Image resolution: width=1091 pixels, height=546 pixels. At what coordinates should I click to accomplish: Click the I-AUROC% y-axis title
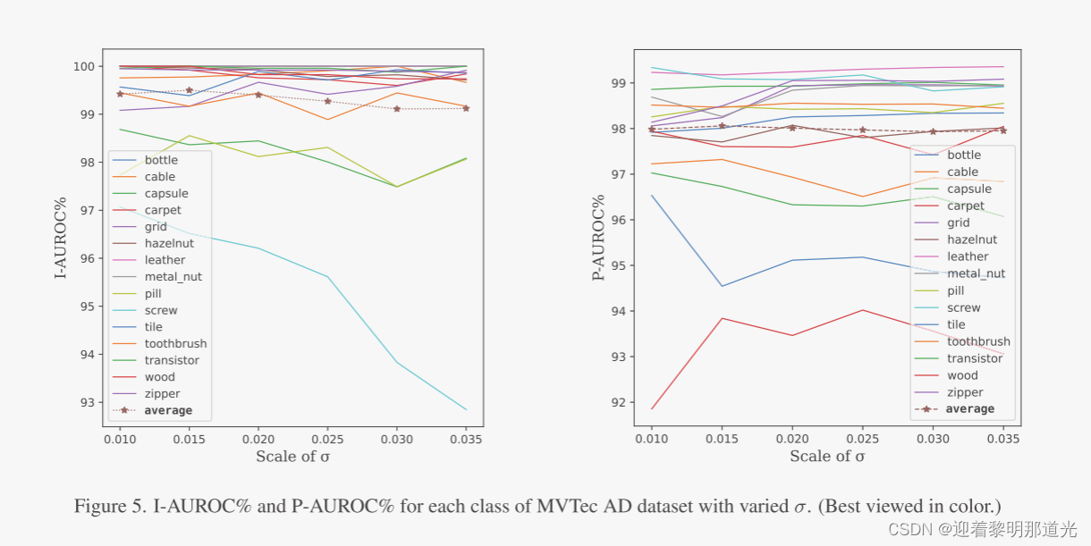[x=61, y=238]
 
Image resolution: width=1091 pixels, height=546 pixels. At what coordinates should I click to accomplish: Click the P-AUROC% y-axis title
[x=598, y=238]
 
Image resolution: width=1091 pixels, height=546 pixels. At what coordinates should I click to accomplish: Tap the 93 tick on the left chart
[x=88, y=402]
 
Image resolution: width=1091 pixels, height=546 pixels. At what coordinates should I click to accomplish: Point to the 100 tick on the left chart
[x=85, y=66]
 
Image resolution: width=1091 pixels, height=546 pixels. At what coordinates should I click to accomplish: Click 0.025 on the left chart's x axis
[x=327, y=441]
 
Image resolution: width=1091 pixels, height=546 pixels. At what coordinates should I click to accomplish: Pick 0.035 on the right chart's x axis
[x=1003, y=441]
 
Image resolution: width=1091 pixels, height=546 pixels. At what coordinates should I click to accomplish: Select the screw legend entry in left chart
[x=161, y=310]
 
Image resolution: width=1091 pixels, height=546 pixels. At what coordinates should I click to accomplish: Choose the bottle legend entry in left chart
[x=161, y=160]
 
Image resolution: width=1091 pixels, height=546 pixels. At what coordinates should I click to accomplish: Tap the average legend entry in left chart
[x=168, y=410]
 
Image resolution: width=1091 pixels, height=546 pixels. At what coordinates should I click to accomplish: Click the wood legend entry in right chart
[x=962, y=375]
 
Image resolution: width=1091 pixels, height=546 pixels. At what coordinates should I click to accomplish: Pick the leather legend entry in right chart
[x=968, y=256]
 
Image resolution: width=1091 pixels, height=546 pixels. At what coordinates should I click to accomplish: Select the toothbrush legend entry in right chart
[x=978, y=341]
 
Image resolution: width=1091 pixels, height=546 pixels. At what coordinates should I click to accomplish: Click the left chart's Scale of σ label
[x=292, y=457]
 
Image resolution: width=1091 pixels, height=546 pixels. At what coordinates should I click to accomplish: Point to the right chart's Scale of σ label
[x=827, y=457]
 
